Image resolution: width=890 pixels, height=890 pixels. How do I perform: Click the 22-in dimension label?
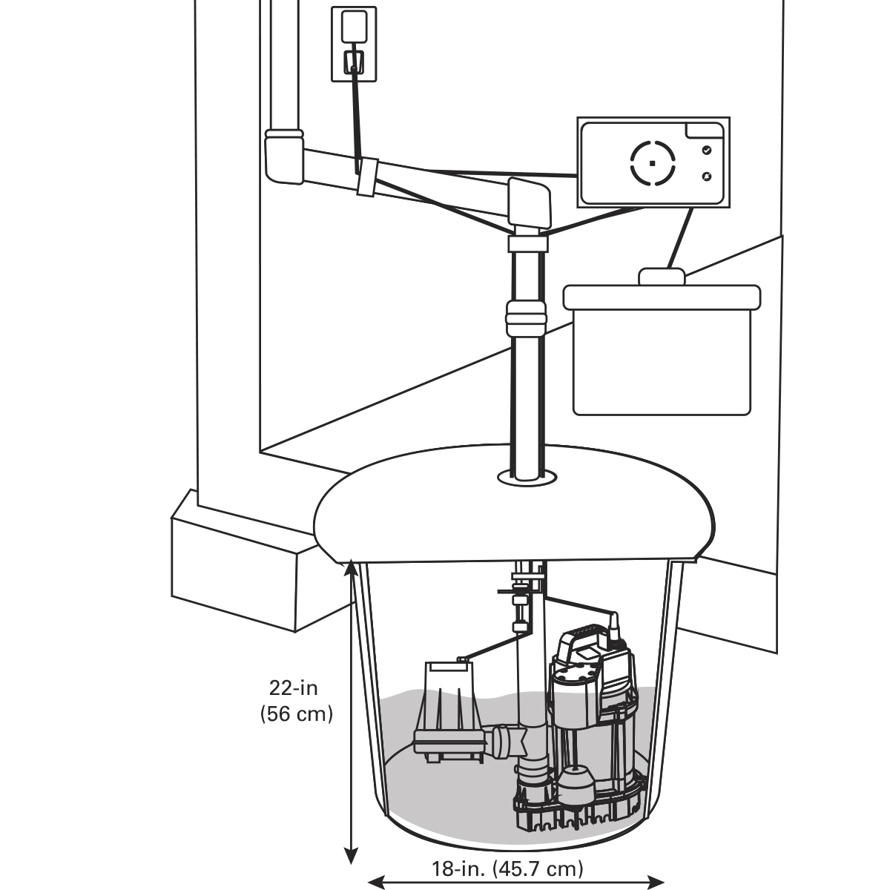click(294, 688)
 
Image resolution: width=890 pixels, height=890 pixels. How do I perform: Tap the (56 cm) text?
click(296, 714)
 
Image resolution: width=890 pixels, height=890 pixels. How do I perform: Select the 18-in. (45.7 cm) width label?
click(508, 868)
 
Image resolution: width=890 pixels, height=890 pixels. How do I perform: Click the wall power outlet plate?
click(354, 44)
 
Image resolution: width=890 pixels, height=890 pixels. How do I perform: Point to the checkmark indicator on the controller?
click(706, 150)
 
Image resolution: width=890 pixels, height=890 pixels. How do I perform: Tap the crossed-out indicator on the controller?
click(706, 177)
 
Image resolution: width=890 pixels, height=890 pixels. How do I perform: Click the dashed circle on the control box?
click(652, 162)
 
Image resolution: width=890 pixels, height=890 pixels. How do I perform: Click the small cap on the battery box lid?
click(662, 276)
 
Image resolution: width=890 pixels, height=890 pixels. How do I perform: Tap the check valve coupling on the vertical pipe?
click(526, 318)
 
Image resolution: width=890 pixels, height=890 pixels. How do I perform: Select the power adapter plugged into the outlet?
click(353, 28)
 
